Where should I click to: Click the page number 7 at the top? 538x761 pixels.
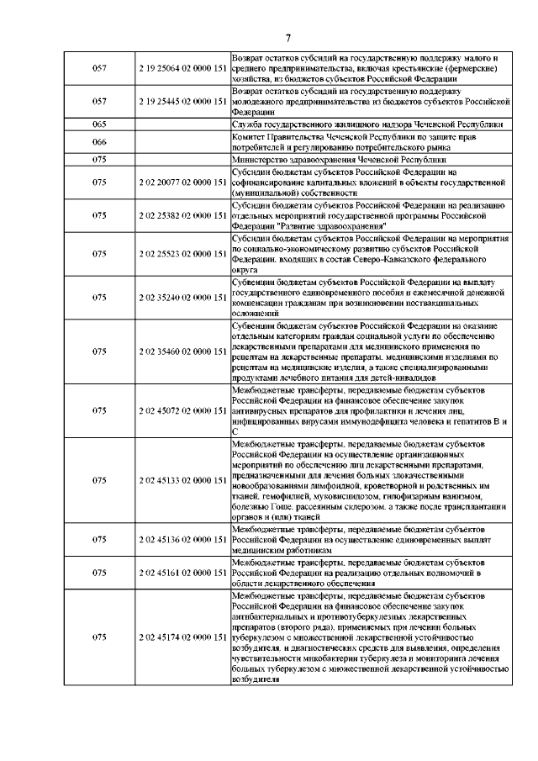pos(287,38)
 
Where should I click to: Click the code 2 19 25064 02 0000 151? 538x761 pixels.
pos(182,67)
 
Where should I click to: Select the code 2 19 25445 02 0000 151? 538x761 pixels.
pos(182,101)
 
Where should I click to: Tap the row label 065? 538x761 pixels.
pos(98,124)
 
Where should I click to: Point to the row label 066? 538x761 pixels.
pos(98,140)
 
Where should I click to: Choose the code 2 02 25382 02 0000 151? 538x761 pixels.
pos(182,215)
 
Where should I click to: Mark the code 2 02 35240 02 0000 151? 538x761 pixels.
pos(182,297)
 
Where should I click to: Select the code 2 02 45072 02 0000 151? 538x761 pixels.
pos(182,410)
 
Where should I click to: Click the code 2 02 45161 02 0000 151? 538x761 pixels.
pos(182,573)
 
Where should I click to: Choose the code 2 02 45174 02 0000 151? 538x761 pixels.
pos(182,637)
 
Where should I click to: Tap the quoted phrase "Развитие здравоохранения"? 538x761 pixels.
pos(331,226)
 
